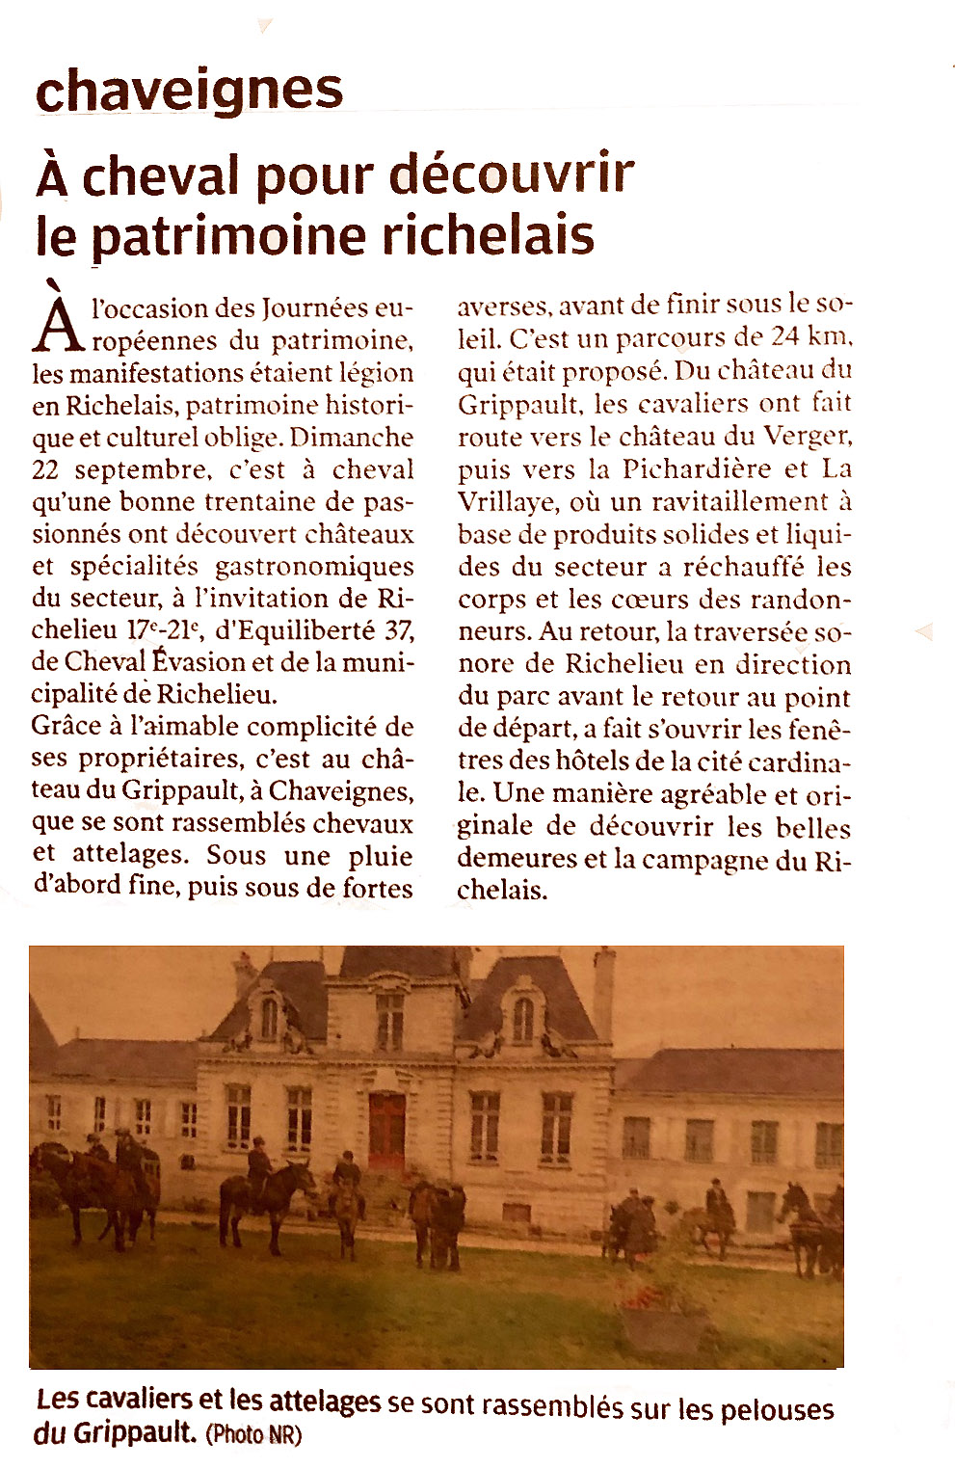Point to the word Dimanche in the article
351,437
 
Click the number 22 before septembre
46,469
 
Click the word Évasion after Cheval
197,662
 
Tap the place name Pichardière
697,468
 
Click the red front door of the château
386,1128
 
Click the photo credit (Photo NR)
253,1434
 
